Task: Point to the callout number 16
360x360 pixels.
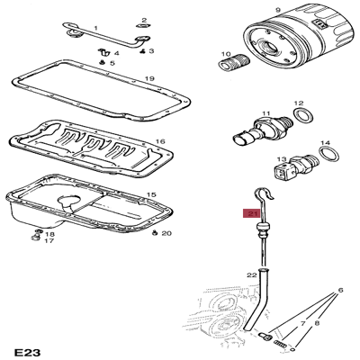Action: tap(159, 141)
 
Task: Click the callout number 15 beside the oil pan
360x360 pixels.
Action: tap(151, 194)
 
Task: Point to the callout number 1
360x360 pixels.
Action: tap(95, 29)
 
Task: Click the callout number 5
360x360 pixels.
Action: tap(112, 64)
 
